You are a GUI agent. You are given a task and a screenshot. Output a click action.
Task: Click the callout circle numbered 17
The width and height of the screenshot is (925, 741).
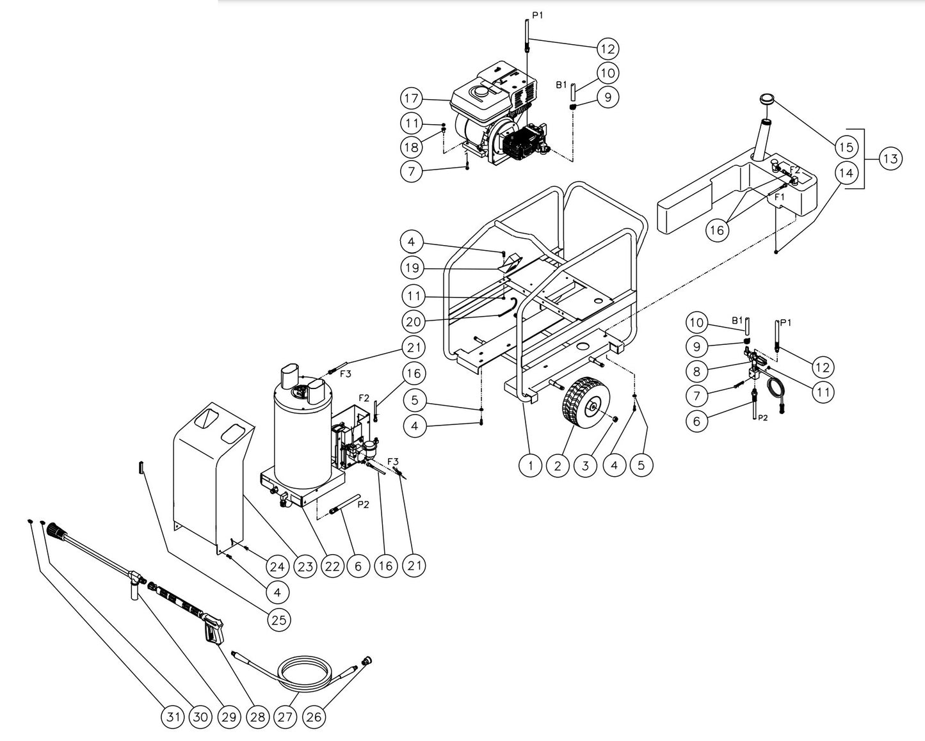[x=412, y=99]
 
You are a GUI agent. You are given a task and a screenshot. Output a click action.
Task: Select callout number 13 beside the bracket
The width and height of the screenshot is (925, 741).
[x=890, y=158]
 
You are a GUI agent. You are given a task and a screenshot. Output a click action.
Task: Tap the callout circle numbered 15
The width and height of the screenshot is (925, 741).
[x=846, y=147]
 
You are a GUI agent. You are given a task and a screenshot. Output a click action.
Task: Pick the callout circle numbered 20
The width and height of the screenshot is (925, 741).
[x=412, y=320]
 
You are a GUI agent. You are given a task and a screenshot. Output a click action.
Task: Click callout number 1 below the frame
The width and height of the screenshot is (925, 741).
[x=530, y=466]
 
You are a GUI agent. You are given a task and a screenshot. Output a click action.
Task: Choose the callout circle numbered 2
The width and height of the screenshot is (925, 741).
[x=558, y=466]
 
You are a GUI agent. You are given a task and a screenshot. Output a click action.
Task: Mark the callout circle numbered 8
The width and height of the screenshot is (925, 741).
[x=697, y=371]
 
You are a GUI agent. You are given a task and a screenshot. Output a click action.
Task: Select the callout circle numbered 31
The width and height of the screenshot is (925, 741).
[x=171, y=717]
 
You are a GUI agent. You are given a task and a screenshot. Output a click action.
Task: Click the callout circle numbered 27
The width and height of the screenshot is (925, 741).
[x=285, y=717]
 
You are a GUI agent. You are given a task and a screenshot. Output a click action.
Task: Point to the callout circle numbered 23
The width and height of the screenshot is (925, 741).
[x=305, y=566]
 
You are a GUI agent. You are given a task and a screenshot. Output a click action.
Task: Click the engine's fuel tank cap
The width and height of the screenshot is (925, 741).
[x=479, y=93]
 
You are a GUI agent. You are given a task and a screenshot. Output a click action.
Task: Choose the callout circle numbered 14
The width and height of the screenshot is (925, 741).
[x=846, y=173]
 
